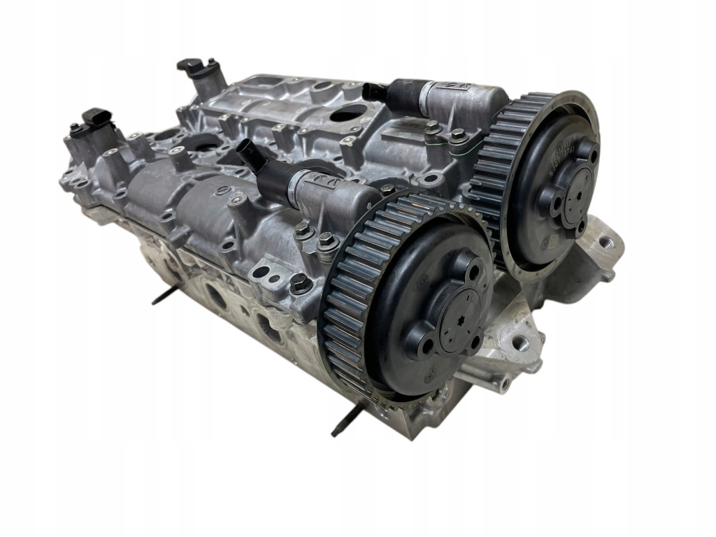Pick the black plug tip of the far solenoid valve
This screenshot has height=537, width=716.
pos(375,91)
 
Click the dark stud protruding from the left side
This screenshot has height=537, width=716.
pos(164,299)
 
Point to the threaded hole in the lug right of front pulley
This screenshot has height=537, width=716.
pos(520,343)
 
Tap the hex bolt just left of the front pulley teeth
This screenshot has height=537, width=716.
pos(301,282)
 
